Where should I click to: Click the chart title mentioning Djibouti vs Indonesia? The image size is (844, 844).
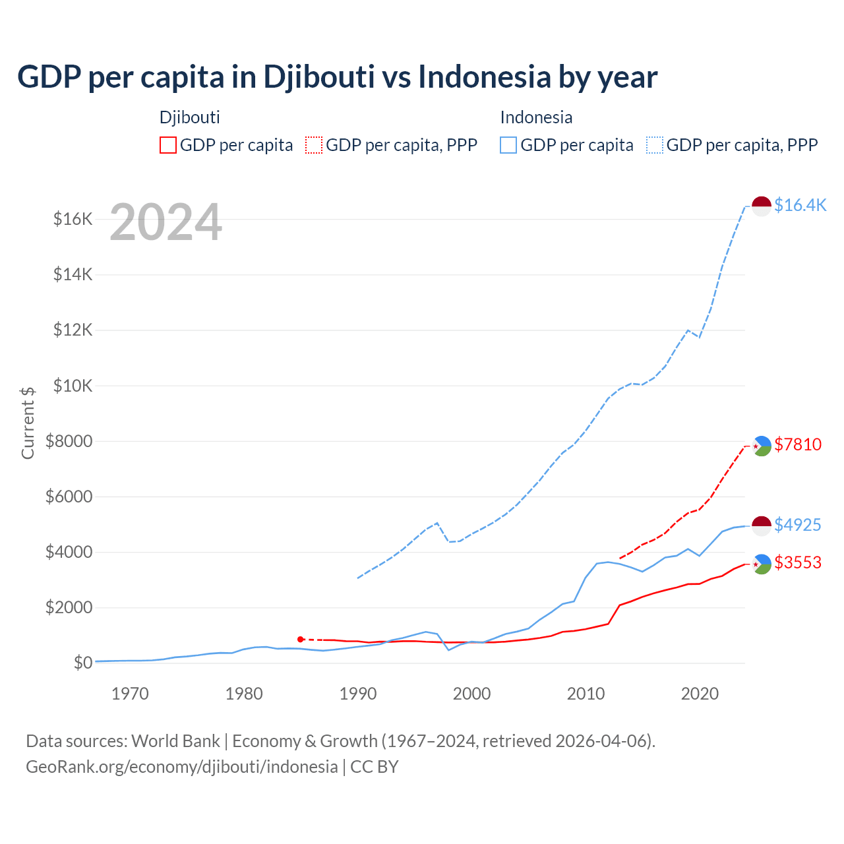click(337, 77)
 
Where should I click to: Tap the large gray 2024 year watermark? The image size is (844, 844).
click(166, 223)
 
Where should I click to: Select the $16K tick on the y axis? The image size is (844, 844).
click(73, 219)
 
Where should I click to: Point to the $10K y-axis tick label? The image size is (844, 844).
click(73, 386)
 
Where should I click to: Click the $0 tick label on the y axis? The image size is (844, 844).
click(82, 663)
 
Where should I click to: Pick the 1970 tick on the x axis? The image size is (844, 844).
click(130, 694)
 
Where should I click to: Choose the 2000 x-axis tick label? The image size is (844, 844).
click(471, 694)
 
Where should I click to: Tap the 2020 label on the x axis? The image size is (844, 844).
click(699, 694)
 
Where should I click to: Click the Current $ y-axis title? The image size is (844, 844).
click(28, 423)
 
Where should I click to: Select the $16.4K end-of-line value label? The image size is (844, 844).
click(800, 205)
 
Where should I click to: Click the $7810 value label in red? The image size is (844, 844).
click(798, 444)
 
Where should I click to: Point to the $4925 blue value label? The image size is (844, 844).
click(798, 525)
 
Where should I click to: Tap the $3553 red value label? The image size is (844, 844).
click(798, 562)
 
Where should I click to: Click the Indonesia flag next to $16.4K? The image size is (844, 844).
click(762, 206)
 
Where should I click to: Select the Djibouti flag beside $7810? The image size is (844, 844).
click(762, 446)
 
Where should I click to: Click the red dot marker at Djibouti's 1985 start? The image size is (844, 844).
click(301, 640)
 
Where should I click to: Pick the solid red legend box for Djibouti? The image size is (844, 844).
click(168, 145)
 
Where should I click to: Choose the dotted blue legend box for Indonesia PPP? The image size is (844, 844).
click(655, 145)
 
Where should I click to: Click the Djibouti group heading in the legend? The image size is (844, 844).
click(190, 117)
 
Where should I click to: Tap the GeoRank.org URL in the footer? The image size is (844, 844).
click(182, 767)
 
